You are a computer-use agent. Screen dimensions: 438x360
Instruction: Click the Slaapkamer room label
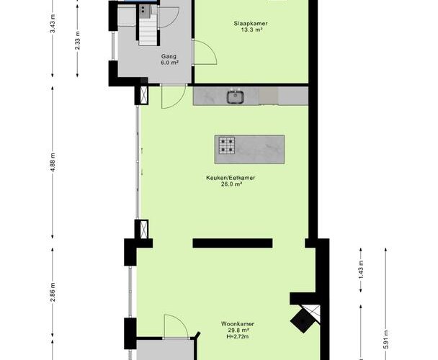[251, 24]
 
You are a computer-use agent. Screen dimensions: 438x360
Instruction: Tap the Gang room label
[169, 56]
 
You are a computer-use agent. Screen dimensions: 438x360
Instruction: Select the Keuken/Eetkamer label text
[231, 178]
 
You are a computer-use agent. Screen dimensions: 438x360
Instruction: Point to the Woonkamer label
[238, 324]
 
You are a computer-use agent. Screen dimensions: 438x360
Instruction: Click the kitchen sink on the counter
[236, 96]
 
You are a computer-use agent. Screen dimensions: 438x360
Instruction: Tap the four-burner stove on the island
[226, 145]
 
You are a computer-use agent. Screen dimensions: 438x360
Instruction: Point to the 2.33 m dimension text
[77, 41]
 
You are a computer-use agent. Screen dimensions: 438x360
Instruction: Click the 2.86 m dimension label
[53, 292]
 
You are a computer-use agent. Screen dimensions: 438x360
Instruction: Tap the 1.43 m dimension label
[361, 269]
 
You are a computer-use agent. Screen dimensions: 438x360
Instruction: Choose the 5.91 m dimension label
[385, 339]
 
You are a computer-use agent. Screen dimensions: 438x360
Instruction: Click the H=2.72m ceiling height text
[238, 336]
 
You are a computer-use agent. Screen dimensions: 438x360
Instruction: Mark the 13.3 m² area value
[251, 30]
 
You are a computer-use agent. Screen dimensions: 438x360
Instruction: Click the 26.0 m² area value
[231, 184]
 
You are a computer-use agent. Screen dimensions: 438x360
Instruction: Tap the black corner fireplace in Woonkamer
[303, 320]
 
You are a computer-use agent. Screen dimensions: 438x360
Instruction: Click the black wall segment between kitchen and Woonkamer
[233, 243]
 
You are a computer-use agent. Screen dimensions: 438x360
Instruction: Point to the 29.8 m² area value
[238, 330]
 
